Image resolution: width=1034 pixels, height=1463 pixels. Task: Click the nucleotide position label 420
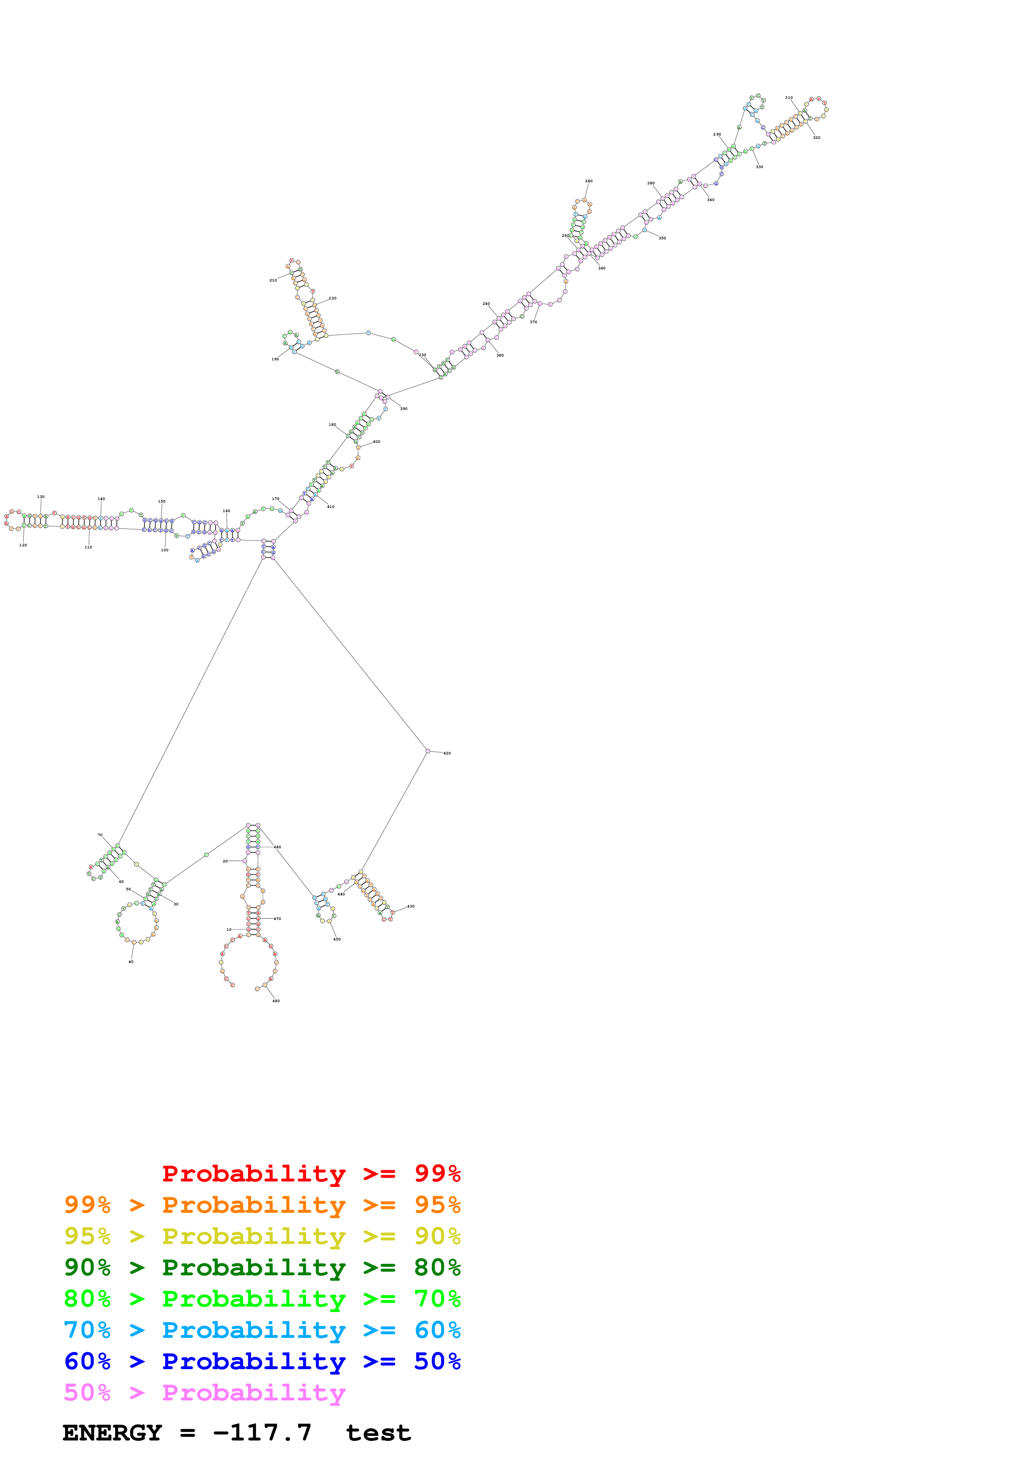pos(447,753)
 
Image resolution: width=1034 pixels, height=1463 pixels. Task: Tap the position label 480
pos(276,1001)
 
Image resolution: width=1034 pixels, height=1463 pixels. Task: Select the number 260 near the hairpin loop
pos(589,181)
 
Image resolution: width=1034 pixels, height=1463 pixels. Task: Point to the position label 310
pos(789,98)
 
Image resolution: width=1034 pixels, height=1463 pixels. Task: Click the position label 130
pos(41,496)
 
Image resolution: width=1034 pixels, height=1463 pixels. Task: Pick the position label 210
pos(273,280)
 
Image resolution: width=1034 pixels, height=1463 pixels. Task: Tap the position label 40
pos(131,962)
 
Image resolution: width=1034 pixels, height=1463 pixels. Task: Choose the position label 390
pos(403,408)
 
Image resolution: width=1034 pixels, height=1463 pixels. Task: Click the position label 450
pos(337,939)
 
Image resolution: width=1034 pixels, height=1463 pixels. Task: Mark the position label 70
pos(100,835)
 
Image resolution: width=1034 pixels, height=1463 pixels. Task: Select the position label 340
pos(710,199)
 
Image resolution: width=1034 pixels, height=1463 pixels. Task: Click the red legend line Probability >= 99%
pos(311,1174)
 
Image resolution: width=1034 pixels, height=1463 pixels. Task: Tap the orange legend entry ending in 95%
pos(262,1205)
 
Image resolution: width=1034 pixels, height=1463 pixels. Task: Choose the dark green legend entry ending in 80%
pos(262,1267)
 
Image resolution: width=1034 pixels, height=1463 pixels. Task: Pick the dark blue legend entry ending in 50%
pos(262,1361)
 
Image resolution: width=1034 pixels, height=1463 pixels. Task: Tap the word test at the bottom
pos(378,1433)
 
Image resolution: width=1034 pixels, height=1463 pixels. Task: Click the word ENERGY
pos(112,1433)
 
